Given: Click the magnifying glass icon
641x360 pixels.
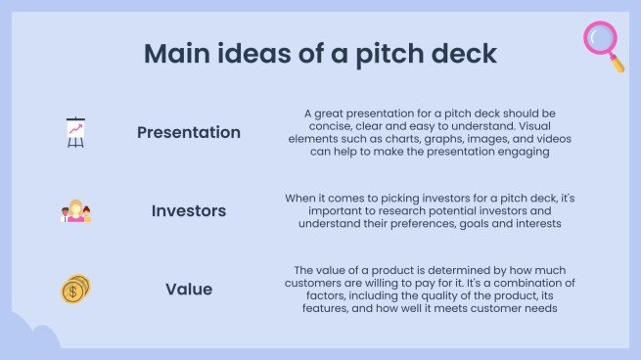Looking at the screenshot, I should coord(603,44).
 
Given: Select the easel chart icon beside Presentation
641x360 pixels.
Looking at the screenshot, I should coord(75,132).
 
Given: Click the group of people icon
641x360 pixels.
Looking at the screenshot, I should coord(75,211).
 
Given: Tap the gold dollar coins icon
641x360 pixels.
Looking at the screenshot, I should coord(75,290).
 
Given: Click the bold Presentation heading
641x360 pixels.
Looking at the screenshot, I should coord(189,132).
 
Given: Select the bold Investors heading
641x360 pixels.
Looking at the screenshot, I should coord(189,211).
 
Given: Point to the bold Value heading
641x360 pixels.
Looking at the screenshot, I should coord(189,290).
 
